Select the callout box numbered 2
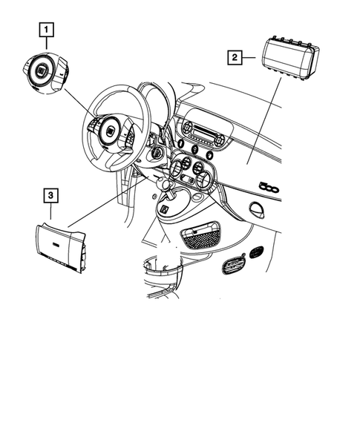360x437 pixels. pyautogui.click(x=235, y=56)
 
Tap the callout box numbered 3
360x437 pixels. pyautogui.click(x=50, y=196)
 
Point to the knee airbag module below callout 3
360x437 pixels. pyautogui.click(x=62, y=246)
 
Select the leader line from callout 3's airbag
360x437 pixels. pyautogui.click(x=104, y=204)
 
